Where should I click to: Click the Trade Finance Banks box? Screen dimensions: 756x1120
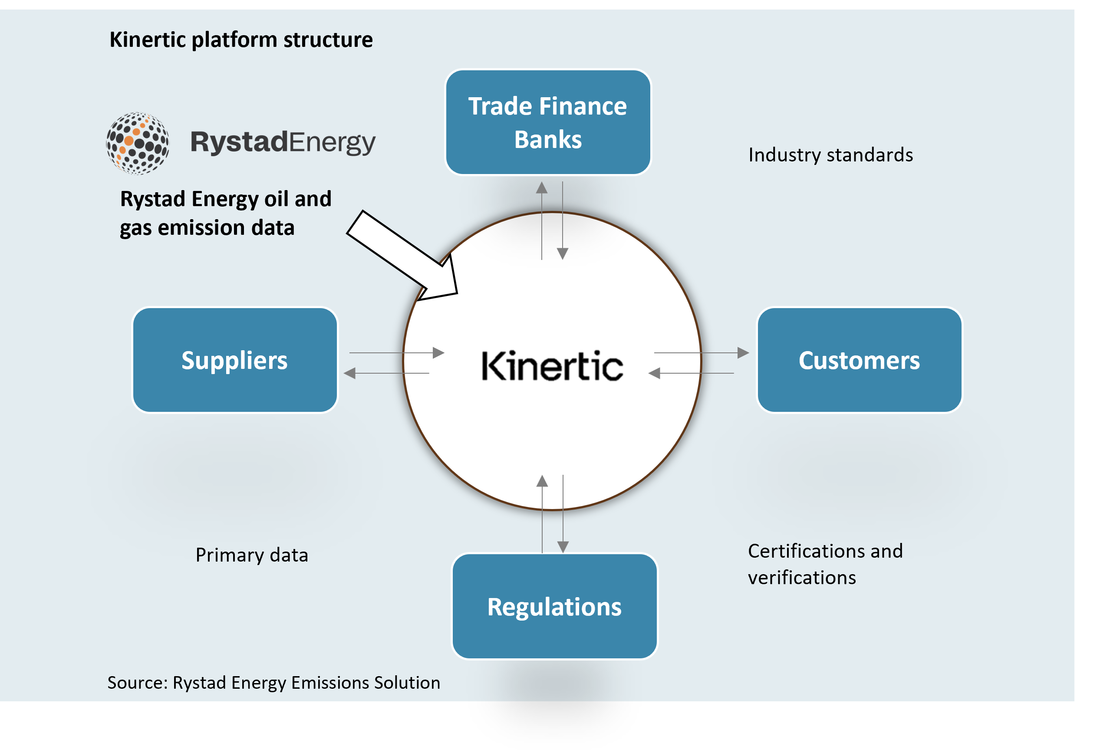pyautogui.click(x=548, y=122)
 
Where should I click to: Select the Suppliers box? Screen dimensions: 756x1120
pyautogui.click(x=235, y=360)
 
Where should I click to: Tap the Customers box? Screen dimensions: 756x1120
pyautogui.click(x=859, y=360)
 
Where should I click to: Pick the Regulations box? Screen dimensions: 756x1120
pyautogui.click(x=554, y=606)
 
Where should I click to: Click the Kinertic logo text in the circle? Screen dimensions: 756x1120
pyautogui.click(x=552, y=366)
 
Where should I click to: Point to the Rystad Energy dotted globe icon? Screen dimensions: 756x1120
pyautogui.click(x=138, y=143)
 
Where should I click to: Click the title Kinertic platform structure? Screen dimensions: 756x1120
pyautogui.click(x=241, y=39)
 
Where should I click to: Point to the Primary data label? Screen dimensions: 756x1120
pyautogui.click(x=252, y=555)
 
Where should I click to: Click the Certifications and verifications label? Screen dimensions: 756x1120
pyautogui.click(x=825, y=564)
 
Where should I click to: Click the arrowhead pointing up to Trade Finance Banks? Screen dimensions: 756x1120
pyautogui.click(x=542, y=188)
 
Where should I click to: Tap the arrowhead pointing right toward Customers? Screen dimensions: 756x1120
pyautogui.click(x=743, y=353)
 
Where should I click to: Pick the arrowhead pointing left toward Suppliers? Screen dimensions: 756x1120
pyautogui.click(x=350, y=373)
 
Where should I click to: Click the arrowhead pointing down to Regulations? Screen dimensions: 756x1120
pyautogui.click(x=563, y=546)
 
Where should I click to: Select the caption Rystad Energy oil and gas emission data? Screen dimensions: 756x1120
pyautogui.click(x=226, y=213)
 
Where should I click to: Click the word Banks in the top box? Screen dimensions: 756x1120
pyautogui.click(x=548, y=140)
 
